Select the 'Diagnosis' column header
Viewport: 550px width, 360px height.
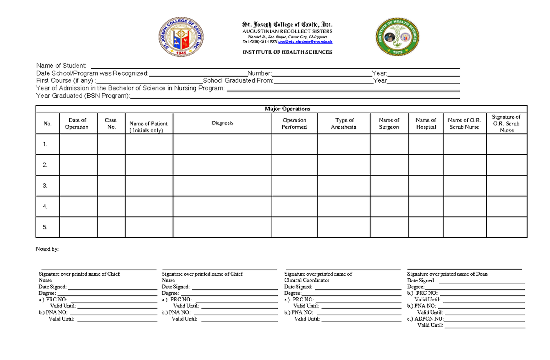pos(222,123)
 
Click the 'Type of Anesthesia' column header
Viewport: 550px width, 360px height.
pos(344,123)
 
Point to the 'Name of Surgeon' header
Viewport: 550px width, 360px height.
pos(389,123)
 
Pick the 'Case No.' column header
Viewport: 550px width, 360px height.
pos(111,123)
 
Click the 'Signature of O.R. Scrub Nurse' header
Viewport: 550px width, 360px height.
pos(506,123)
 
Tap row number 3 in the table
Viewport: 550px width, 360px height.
pos(45,186)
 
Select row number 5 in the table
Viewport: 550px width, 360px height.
pos(45,227)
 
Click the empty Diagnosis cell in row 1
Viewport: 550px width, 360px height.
pos(222,144)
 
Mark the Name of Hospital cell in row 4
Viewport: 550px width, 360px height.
pos(425,206)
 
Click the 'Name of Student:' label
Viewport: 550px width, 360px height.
pos(61,66)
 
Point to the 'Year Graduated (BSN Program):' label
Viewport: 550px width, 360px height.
pos(83,96)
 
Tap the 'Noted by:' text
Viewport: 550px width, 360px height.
pos(47,249)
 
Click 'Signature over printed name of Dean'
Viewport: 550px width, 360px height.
pos(447,274)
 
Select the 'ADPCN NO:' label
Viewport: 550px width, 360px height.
pos(429,319)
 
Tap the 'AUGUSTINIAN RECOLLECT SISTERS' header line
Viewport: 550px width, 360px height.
pos(287,31)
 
